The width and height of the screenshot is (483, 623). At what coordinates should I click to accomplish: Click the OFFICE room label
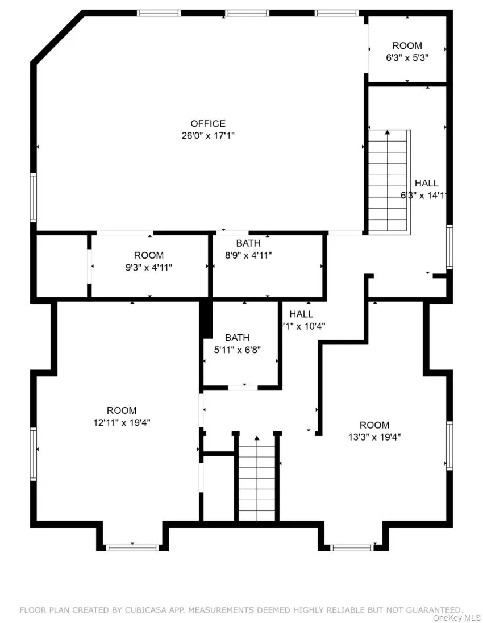207,123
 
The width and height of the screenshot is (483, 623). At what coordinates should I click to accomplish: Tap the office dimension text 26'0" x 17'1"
207,135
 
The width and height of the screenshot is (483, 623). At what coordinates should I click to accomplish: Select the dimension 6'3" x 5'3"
407,57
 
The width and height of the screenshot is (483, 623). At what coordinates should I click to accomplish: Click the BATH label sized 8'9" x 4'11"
248,243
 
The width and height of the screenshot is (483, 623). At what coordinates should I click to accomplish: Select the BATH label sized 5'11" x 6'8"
237,338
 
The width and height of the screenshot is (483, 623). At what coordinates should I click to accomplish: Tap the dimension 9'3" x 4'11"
149,267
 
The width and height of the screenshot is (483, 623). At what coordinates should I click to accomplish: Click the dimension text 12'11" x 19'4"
122,422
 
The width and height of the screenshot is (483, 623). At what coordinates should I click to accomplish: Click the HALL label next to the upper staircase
426,183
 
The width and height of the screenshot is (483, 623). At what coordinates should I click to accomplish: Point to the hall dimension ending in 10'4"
304,326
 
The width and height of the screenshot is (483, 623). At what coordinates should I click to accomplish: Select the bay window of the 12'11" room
132,547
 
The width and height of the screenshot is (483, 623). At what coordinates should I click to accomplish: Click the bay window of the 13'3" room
352,547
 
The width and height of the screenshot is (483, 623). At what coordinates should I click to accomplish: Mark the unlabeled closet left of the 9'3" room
61,265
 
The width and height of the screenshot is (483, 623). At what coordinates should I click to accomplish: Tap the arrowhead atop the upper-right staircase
388,133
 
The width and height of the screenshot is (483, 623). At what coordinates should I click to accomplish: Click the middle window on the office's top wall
247,13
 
